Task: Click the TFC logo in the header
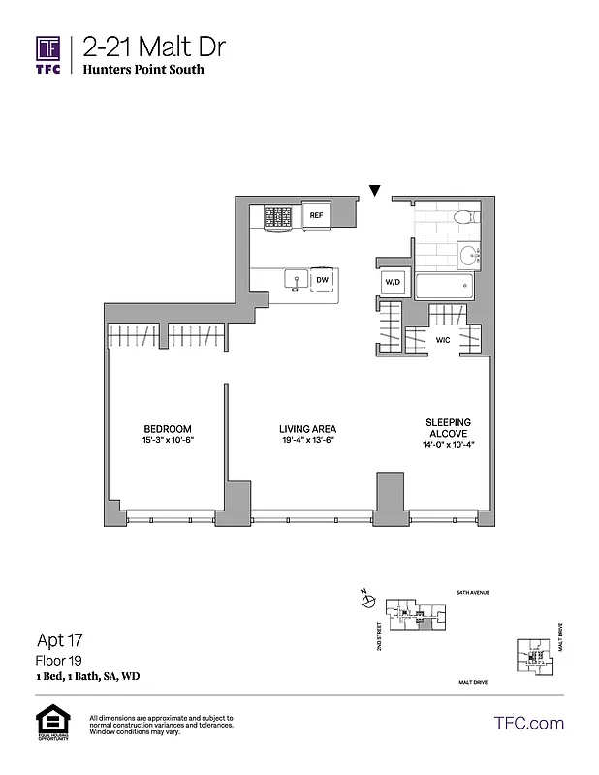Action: click(x=48, y=54)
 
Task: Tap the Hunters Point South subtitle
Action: click(x=143, y=70)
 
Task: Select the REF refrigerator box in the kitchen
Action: click(x=316, y=215)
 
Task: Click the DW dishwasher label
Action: click(x=322, y=280)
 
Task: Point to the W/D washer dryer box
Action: click(x=393, y=282)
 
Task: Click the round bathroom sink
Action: click(x=469, y=256)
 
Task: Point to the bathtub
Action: click(x=445, y=287)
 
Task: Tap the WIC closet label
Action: click(x=443, y=341)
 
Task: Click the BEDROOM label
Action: click(x=168, y=429)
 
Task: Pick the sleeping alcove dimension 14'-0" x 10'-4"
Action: click(x=448, y=447)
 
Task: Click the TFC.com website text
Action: click(x=528, y=723)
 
